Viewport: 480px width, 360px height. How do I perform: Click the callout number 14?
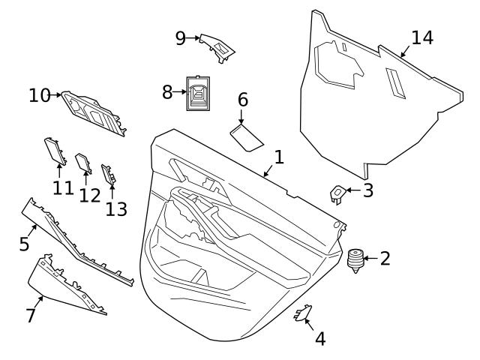pos(421,38)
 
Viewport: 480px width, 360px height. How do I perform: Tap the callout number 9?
pos(181,38)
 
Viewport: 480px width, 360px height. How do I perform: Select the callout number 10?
pos(39,95)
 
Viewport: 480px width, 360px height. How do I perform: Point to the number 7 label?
pos(31,316)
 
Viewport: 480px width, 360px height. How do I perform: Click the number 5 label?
pos(24,243)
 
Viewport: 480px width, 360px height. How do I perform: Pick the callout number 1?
pos(278,157)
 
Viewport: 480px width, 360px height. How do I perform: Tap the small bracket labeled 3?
pos(337,193)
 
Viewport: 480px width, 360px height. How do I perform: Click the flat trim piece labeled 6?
pos(246,136)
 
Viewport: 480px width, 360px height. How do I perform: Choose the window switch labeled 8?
pos(199,94)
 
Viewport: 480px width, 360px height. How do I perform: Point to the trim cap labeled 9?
pos(219,46)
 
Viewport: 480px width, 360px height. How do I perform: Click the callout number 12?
pos(89,196)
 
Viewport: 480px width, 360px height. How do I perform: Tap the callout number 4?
pos(320,339)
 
